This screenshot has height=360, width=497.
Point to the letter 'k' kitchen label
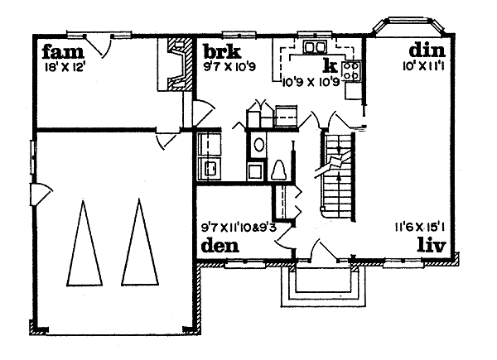pos(329,65)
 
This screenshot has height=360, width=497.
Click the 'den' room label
pos(220,246)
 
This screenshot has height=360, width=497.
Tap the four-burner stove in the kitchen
pos(351,70)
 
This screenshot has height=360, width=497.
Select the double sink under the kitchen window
pos(314,46)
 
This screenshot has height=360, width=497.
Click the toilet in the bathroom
pos(279,170)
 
